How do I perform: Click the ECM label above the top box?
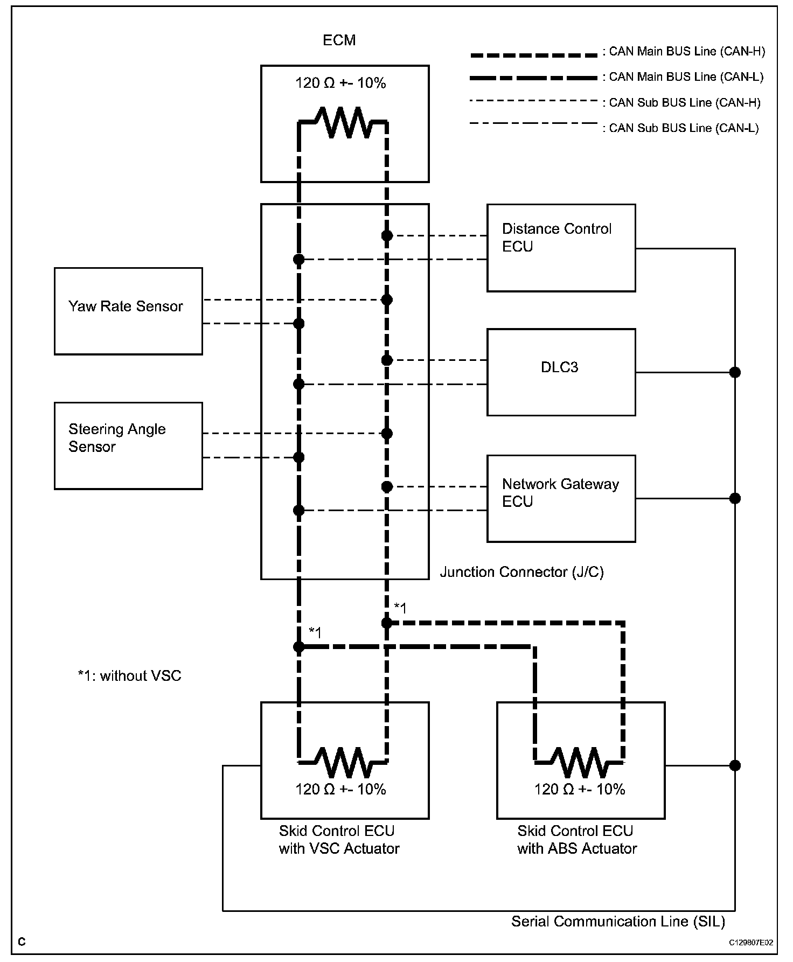point(339,40)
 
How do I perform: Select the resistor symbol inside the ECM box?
point(343,123)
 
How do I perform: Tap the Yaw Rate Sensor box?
point(128,311)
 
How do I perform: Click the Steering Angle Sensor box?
point(128,445)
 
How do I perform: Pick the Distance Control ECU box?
point(561,248)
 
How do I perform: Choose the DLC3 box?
point(561,372)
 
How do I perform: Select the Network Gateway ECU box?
point(561,498)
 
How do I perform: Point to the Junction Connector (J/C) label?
point(521,572)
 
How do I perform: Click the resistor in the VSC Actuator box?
point(343,762)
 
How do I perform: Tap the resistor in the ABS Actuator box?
point(579,762)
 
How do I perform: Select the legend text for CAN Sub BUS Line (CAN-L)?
point(683,128)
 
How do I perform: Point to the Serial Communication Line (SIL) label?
point(618,921)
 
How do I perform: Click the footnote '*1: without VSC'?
point(130,675)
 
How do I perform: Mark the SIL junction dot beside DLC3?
point(735,372)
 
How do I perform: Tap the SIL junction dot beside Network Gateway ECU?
point(735,498)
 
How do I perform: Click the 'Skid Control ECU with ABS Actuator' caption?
point(576,840)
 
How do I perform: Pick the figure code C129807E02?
point(751,943)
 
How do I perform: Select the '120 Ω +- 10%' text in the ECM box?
point(340,83)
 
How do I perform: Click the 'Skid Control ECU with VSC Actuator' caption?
point(339,840)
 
